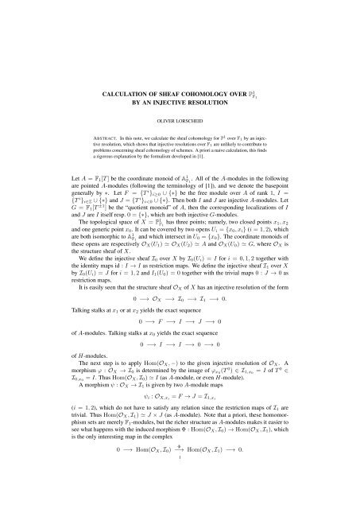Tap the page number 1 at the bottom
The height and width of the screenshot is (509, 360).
coord(180,503)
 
